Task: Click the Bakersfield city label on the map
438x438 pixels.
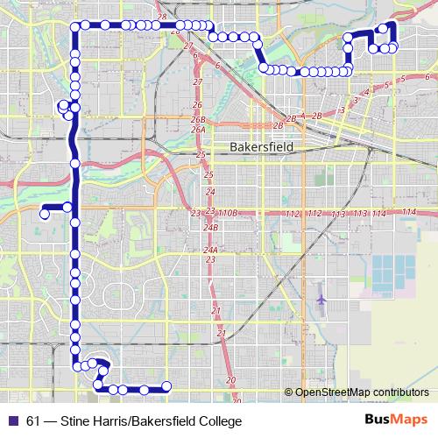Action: pyautogui.click(x=260, y=148)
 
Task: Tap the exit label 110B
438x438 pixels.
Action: pyautogui.click(x=228, y=213)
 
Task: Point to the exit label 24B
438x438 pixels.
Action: pyautogui.click(x=210, y=227)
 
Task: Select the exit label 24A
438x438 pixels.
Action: pyautogui.click(x=210, y=250)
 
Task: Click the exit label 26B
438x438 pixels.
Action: pyautogui.click(x=198, y=118)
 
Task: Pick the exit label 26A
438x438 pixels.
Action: pyautogui.click(x=198, y=130)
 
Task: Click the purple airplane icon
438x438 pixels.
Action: pyautogui.click(x=321, y=299)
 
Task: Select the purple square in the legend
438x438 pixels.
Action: pyautogui.click(x=11, y=421)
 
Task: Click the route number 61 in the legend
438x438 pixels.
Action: pyautogui.click(x=33, y=421)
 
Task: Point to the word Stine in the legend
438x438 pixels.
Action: pyautogui.click(x=76, y=421)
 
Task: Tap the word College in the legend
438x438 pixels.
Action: pyautogui.click(x=216, y=421)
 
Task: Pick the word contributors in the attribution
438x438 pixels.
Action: pyautogui.click(x=399, y=392)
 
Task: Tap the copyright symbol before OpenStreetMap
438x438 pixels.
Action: pyautogui.click(x=288, y=392)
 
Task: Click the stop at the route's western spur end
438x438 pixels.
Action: pyautogui.click(x=43, y=211)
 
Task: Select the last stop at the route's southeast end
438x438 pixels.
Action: pyautogui.click(x=166, y=388)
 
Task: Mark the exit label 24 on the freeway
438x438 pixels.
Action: pyautogui.click(x=208, y=190)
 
